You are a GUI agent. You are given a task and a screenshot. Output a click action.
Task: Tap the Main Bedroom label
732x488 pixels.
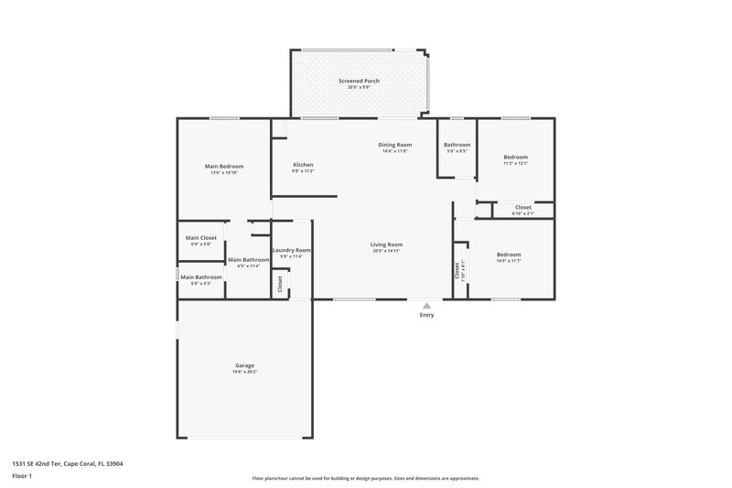[x=223, y=166]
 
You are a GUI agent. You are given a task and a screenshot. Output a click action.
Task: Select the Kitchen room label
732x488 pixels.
[x=303, y=165]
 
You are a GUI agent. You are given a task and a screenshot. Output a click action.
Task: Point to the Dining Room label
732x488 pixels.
[x=395, y=145]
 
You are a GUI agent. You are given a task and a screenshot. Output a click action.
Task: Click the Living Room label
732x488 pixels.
[x=386, y=244]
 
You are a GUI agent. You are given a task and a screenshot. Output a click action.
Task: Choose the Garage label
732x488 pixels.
[x=244, y=365]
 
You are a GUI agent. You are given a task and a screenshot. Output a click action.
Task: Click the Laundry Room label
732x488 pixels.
[x=292, y=250]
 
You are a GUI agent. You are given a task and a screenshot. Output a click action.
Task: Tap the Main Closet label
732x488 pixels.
[x=200, y=238]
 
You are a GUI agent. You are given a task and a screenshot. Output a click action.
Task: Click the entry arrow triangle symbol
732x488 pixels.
[x=426, y=306]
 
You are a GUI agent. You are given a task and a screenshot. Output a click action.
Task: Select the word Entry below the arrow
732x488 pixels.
[x=426, y=315]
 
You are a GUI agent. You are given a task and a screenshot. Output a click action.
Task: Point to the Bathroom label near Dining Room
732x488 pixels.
[x=457, y=145]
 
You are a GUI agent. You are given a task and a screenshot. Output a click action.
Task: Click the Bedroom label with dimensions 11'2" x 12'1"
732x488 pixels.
[x=515, y=157]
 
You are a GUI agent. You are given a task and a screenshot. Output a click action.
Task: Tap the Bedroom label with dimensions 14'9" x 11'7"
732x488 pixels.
[x=509, y=255]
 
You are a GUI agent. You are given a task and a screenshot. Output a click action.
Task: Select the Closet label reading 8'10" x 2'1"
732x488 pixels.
[x=522, y=207]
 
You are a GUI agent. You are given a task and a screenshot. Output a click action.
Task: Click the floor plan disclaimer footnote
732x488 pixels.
[x=365, y=478]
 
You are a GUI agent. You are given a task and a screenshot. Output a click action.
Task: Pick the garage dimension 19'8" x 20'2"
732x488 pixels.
[x=244, y=372]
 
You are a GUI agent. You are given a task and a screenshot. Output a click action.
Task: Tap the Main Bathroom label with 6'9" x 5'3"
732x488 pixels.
[x=200, y=277]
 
